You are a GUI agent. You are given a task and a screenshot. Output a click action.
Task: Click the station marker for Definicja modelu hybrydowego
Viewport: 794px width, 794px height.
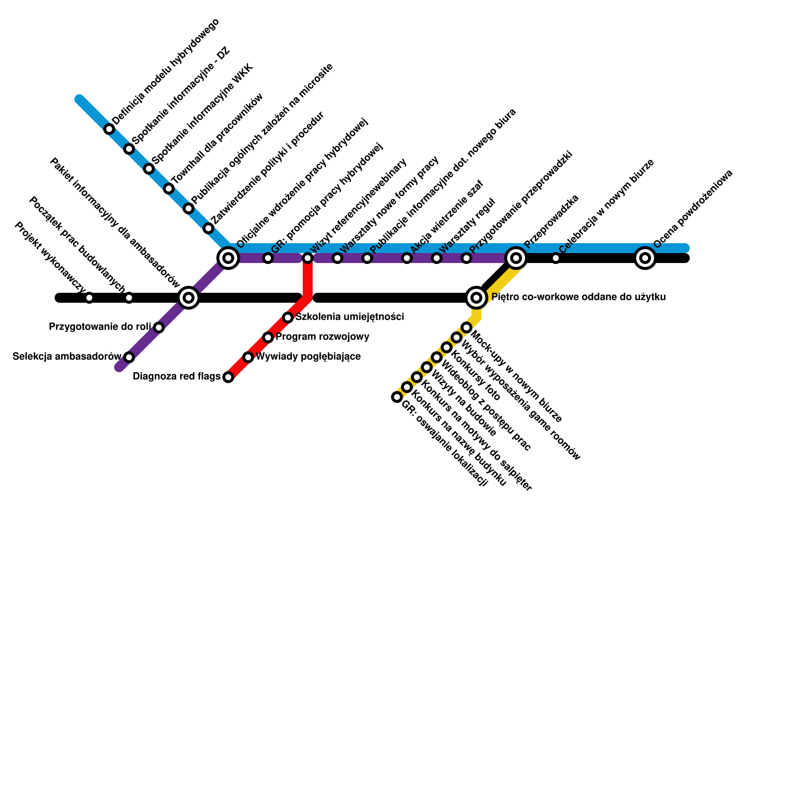coord(109,129)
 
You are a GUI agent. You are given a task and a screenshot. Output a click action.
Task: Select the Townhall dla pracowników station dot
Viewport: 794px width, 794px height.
coord(169,189)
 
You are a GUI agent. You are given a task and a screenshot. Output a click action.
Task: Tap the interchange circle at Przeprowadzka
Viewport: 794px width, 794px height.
coord(516,258)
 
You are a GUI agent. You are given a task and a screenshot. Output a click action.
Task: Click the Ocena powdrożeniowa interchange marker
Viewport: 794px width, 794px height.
coord(645,258)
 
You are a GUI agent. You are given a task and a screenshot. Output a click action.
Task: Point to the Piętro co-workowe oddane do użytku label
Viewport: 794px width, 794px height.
coord(578,297)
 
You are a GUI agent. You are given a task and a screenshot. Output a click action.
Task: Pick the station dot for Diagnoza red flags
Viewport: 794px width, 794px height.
coord(228,377)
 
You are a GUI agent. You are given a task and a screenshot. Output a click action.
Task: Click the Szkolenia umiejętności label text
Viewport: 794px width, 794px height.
coord(350,317)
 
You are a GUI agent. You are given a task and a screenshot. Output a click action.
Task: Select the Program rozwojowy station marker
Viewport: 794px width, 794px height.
coord(268,337)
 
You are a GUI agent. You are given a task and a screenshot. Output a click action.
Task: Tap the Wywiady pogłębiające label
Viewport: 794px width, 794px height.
coord(308,356)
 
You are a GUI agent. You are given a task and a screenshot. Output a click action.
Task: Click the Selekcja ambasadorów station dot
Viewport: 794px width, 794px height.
coord(129,357)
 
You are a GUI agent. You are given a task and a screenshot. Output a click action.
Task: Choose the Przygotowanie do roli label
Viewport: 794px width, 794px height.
coord(100,327)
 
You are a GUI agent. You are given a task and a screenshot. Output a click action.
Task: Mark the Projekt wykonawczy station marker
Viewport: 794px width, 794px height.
coord(89,298)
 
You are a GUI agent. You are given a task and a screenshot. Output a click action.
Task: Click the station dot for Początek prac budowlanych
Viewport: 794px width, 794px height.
coord(129,298)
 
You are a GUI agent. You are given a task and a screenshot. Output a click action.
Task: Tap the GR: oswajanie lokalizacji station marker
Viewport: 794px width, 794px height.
coord(397,397)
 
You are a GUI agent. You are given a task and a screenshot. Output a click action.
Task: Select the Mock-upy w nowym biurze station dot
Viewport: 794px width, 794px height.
coord(466,328)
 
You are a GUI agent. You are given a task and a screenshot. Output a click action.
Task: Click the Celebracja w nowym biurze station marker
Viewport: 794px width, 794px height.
coord(556,258)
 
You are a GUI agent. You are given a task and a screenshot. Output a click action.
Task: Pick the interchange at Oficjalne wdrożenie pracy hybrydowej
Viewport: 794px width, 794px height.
coord(228,258)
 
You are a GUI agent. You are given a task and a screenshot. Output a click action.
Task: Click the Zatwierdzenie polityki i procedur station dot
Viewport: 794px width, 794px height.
coord(208,228)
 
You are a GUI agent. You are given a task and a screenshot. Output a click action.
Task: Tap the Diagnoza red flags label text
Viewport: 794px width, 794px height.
coord(177,377)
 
